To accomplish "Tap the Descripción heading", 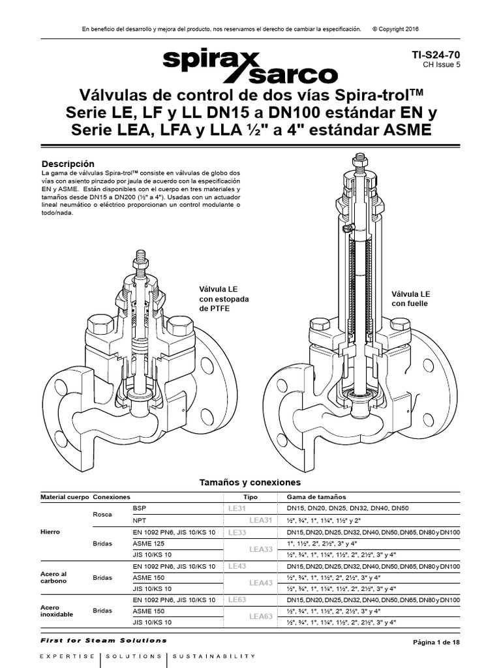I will click(68, 163).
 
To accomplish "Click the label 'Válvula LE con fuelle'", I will click(410, 299).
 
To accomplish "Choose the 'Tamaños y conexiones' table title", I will click(250, 483).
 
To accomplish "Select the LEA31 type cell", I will click(260, 520).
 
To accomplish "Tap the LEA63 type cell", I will click(260, 616).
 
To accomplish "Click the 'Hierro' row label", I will click(50, 532).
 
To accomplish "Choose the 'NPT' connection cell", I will click(140, 520).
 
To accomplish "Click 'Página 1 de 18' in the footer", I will click(437, 643).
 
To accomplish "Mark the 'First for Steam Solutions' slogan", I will click(104, 641).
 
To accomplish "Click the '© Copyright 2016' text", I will click(395, 29).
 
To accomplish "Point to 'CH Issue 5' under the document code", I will click(441, 65).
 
